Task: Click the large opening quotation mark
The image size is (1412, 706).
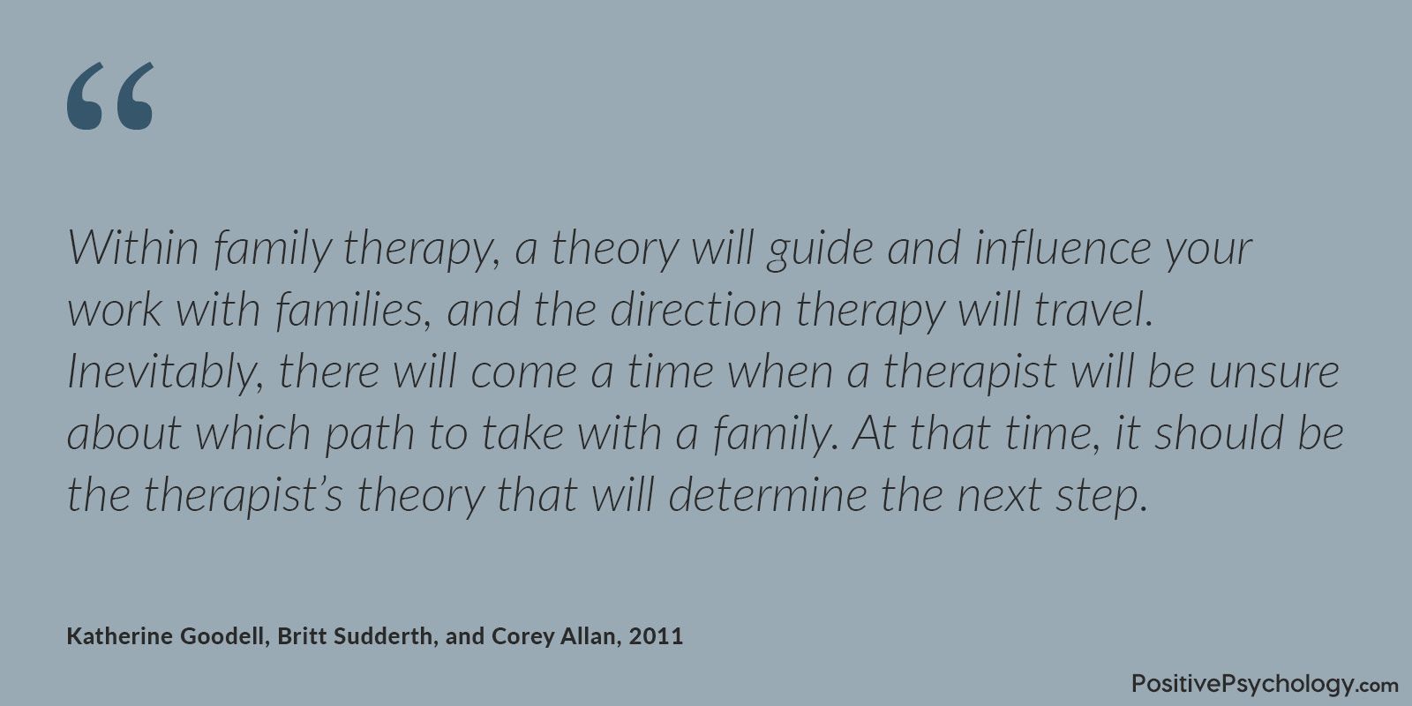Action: (x=110, y=96)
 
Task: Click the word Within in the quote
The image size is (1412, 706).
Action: (x=133, y=247)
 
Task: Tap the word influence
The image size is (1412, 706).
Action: (x=1063, y=247)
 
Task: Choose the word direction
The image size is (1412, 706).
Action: (x=696, y=310)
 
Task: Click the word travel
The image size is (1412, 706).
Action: (x=1093, y=310)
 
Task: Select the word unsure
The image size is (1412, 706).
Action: (x=1274, y=372)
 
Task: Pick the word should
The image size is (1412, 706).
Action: (x=1218, y=433)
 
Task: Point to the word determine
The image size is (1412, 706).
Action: (x=768, y=495)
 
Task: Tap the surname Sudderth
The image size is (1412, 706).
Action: (x=382, y=635)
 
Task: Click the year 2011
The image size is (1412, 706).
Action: (x=656, y=636)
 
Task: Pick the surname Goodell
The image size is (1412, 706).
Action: (x=221, y=636)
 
